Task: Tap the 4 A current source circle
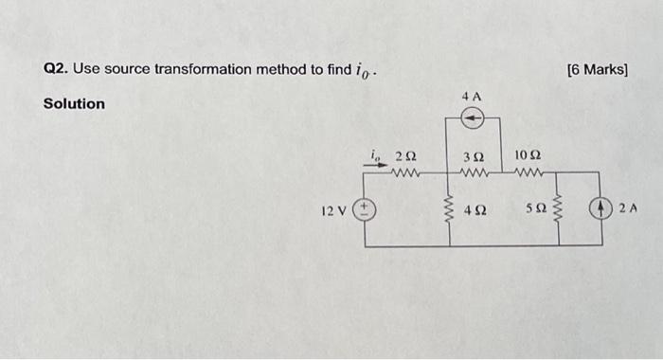click(x=473, y=117)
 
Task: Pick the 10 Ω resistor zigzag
click(x=529, y=172)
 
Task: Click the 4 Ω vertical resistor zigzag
click(x=448, y=208)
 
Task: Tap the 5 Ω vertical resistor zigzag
click(x=557, y=209)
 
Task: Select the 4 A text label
click(x=472, y=97)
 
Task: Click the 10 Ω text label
click(x=528, y=154)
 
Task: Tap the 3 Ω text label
click(x=473, y=154)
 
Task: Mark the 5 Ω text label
click(x=534, y=209)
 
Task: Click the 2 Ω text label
click(x=405, y=154)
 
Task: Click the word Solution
click(x=75, y=103)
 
